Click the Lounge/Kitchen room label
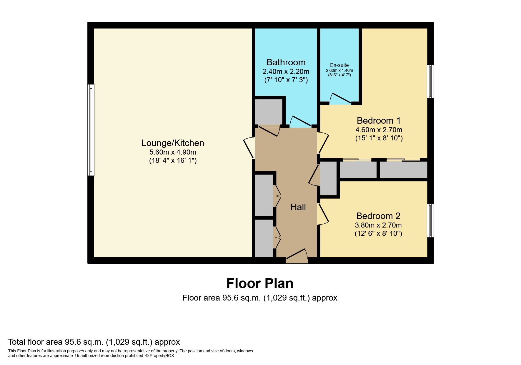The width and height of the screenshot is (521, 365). pos(173,143)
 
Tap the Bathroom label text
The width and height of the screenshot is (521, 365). pos(286,62)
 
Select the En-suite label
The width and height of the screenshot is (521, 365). pos(339,65)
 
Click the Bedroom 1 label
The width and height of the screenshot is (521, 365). pos(379,121)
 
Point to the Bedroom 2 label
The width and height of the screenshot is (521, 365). pos(378,216)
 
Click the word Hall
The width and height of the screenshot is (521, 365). pos(298,207)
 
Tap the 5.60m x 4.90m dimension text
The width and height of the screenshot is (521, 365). pos(173,152)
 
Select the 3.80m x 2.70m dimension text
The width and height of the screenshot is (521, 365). pos(378,225)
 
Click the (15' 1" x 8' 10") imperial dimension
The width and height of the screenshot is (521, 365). pos(379,138)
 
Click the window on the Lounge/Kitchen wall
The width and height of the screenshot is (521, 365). pos(91,130)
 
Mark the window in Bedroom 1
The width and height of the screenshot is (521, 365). pos(430,81)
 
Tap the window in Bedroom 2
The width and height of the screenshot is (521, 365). pos(430,220)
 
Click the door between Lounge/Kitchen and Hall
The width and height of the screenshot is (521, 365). pos(249,148)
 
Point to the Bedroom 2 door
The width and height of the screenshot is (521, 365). pos(323,214)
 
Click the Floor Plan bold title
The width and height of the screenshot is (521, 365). pos(260,283)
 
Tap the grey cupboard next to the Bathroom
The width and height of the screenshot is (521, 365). pos(268,112)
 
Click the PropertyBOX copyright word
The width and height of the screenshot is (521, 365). pos(162,356)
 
